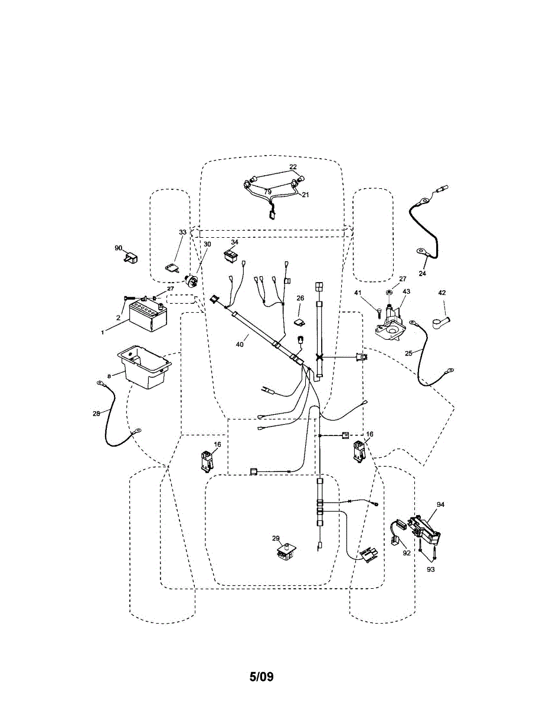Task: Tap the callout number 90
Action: click(x=118, y=248)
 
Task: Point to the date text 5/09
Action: click(x=261, y=676)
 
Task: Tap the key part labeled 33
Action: click(x=172, y=268)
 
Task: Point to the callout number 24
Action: click(x=423, y=273)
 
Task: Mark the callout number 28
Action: click(x=97, y=414)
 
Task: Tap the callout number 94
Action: click(x=440, y=504)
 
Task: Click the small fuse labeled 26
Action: click(x=299, y=322)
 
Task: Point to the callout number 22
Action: click(x=293, y=167)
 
